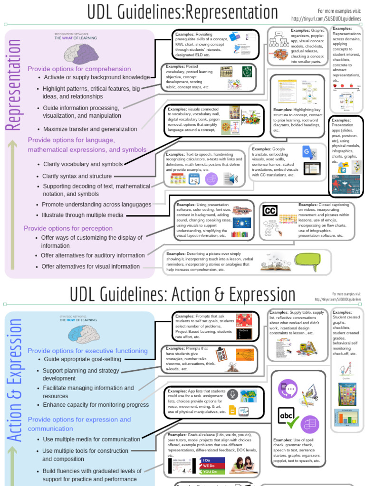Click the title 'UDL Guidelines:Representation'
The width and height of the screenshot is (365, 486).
pos(182,13)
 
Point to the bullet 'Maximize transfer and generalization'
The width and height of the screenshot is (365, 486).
pos(90,129)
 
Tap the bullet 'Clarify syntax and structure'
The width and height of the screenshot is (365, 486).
pos(77,176)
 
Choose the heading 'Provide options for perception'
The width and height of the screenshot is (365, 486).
pos(68,228)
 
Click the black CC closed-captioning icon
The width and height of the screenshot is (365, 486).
pos(270,211)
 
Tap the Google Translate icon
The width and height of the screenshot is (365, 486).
pos(309,152)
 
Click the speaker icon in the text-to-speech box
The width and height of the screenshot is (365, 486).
pos(231,179)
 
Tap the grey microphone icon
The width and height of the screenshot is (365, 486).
pos(232,394)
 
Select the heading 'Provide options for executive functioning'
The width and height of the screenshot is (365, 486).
pos(87,351)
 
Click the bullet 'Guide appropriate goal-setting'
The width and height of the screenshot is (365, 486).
pos(83,359)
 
